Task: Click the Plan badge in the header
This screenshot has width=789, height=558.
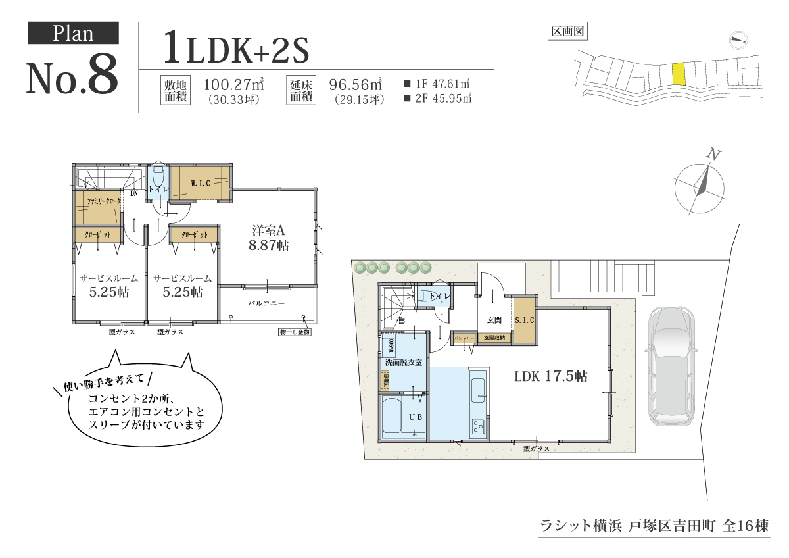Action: point(73,33)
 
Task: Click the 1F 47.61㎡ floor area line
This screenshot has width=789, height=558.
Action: point(438,84)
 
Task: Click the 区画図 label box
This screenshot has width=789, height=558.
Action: point(567,31)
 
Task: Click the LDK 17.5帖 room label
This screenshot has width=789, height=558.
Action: point(550,377)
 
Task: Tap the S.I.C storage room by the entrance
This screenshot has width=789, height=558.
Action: point(524,320)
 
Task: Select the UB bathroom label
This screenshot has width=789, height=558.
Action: point(416,417)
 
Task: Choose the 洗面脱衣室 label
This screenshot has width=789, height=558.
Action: point(403,363)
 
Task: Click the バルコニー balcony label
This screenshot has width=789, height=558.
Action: point(266,303)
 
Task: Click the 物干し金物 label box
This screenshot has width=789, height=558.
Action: point(294,332)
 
